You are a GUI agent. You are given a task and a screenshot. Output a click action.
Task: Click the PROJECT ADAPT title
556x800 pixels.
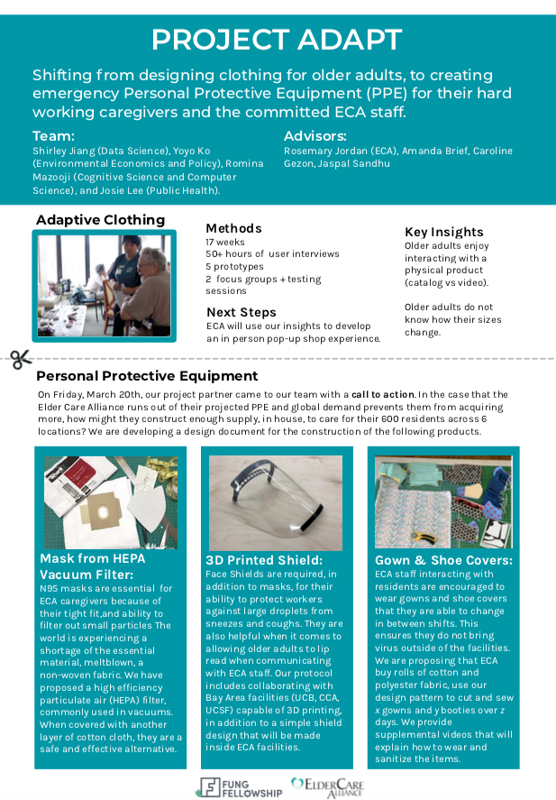[x=277, y=40]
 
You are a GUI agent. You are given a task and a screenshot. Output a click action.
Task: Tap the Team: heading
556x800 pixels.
[x=53, y=134]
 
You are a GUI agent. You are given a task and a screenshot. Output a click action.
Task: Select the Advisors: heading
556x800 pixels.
[x=315, y=135]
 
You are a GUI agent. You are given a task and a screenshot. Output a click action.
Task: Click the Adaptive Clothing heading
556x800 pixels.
[x=101, y=220]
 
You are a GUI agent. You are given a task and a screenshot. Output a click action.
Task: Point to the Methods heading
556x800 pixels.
[x=233, y=228]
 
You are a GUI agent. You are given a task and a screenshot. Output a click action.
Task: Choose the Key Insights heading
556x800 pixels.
[x=443, y=232]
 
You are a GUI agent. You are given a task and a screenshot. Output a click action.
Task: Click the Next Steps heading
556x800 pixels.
[x=242, y=312]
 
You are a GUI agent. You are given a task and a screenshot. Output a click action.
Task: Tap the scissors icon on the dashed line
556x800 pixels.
[x=21, y=359]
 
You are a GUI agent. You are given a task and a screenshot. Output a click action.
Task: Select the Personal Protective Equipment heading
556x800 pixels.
[x=147, y=376]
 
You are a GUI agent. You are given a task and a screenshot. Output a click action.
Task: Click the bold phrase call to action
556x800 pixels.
[x=383, y=394]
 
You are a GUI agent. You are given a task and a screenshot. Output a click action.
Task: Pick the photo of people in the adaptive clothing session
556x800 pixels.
[x=104, y=286]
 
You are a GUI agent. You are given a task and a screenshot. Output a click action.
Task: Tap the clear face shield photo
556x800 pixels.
[x=276, y=502]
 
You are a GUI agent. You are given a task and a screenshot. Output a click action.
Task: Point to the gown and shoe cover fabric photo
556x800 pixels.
[x=443, y=501]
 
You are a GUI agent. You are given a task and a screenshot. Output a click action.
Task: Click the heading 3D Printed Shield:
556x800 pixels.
[x=263, y=560]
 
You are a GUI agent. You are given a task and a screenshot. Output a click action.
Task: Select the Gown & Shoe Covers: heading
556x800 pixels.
[x=443, y=560]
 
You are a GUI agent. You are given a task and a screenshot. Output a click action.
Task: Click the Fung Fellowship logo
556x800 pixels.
[x=241, y=786]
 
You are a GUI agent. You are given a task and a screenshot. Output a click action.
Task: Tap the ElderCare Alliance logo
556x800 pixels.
[x=327, y=786]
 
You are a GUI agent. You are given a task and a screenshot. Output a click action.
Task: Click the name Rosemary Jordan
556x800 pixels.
[x=320, y=151]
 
